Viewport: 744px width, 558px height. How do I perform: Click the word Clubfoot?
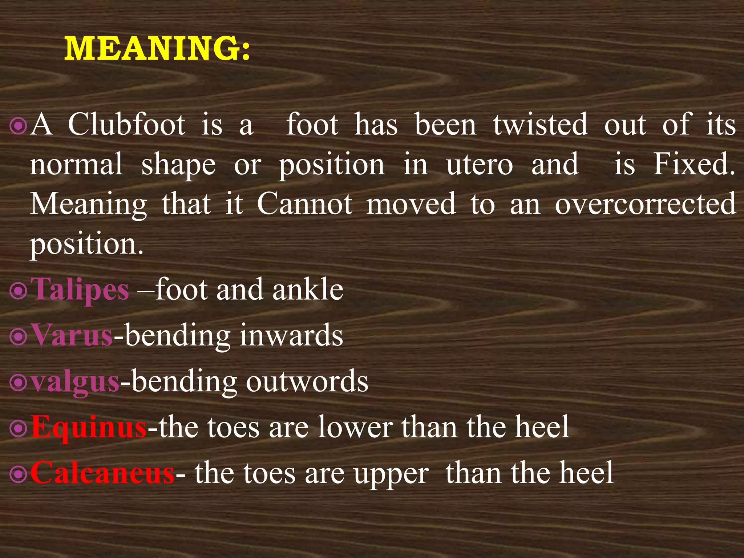(126, 125)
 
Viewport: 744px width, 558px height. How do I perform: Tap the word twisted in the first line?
(540, 125)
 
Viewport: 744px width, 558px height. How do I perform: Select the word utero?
(480, 165)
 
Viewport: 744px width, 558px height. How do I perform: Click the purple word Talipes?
(80, 290)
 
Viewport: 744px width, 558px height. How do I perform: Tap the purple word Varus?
(72, 335)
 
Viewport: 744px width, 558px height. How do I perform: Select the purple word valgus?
(75, 382)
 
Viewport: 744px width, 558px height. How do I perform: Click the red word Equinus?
(89, 428)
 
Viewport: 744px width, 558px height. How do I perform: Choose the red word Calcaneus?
(102, 473)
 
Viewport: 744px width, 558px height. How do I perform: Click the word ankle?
(308, 290)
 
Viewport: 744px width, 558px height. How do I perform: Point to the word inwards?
(291, 335)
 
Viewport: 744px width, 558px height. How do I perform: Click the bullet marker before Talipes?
(18, 291)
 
